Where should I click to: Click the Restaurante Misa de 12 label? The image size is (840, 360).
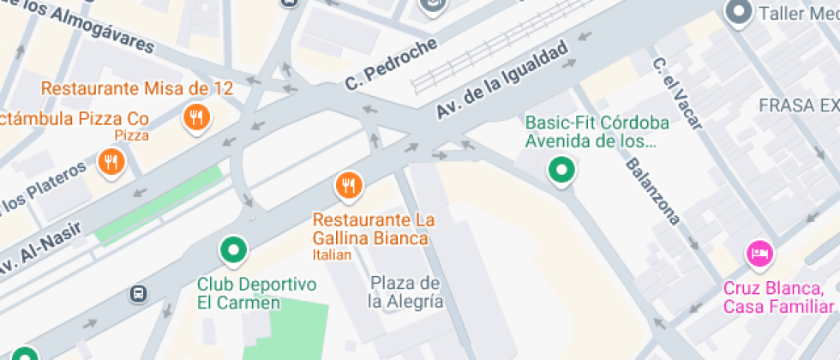tap(137, 88)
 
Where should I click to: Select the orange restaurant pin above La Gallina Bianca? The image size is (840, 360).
tap(348, 184)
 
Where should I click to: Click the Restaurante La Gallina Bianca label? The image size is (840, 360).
tap(369, 229)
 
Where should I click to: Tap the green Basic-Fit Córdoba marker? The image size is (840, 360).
tap(561, 170)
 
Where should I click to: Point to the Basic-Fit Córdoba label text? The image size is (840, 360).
tap(597, 131)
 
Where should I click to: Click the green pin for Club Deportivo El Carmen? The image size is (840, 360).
tap(233, 250)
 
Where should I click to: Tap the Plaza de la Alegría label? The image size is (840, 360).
tap(405, 291)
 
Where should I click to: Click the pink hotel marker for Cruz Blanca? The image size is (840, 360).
tap(759, 253)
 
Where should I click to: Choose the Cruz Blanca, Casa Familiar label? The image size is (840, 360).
tap(778, 297)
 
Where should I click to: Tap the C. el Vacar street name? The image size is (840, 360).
tap(676, 93)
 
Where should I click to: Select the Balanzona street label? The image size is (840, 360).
tap(652, 191)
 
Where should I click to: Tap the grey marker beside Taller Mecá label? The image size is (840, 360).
tap(737, 12)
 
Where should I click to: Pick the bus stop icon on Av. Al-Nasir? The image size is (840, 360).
tap(137, 294)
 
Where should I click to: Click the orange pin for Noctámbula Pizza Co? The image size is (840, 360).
tap(111, 162)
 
